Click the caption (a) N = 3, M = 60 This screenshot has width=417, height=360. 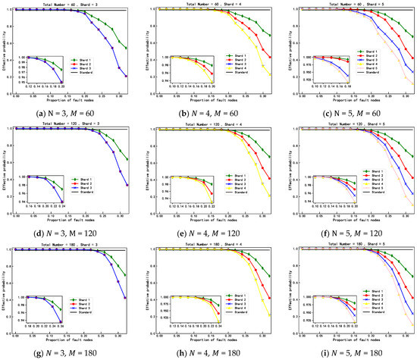(x=70, y=112)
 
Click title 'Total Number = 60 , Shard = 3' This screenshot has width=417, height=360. (x=71, y=5)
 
